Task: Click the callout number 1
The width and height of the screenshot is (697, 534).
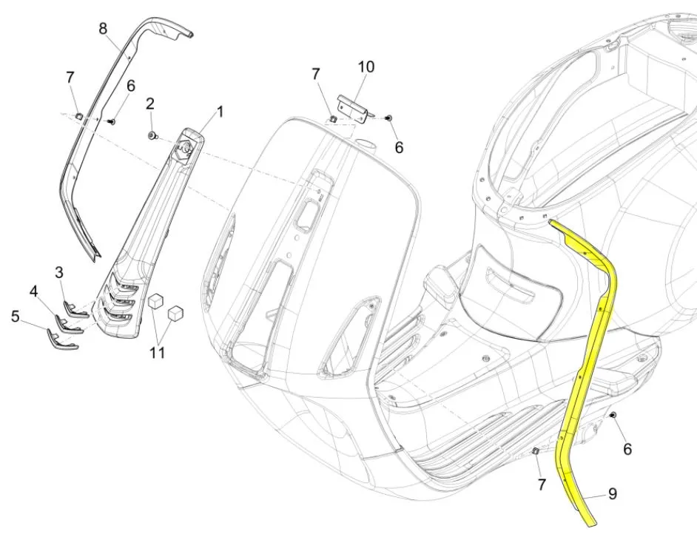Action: coord(220,112)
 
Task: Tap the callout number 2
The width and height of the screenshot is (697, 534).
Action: coord(150,103)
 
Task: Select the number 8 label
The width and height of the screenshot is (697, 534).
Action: coord(103,29)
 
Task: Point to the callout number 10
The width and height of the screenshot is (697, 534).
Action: coord(366,67)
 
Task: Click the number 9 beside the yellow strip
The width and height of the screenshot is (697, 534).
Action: coord(612,493)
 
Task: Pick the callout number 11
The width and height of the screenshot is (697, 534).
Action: coord(156,352)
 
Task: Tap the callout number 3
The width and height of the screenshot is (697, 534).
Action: coord(60,272)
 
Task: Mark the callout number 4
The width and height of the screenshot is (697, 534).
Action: coord(33,292)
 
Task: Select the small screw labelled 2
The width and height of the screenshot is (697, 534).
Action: coord(152,136)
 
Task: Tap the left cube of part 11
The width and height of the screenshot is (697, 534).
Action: coord(156,301)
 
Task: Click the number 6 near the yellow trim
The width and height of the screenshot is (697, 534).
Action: coord(627,449)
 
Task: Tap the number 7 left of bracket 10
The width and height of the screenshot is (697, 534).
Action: coord(315,74)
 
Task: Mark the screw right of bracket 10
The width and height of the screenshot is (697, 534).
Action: coord(390,118)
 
